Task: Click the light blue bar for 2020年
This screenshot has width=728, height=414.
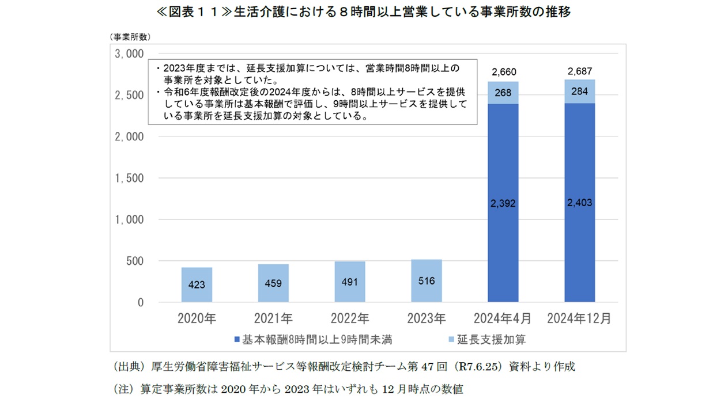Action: [x=197, y=284]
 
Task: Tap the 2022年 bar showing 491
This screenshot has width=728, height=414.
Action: [x=350, y=282]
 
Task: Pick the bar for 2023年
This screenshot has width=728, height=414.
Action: [x=427, y=280]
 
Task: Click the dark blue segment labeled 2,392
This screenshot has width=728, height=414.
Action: [x=503, y=203]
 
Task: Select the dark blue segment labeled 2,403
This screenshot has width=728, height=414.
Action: [x=579, y=203]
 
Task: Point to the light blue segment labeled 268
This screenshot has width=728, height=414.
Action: [x=503, y=93]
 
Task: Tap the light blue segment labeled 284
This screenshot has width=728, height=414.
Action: [x=579, y=92]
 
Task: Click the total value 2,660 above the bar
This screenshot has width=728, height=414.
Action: [x=503, y=72]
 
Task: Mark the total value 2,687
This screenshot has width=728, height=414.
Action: [x=580, y=71]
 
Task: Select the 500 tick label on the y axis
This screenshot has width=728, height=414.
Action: [x=133, y=261]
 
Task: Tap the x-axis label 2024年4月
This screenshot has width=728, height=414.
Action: [x=503, y=318]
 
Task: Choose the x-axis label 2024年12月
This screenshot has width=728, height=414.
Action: [x=579, y=318]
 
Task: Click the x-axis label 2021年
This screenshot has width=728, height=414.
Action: [x=273, y=318]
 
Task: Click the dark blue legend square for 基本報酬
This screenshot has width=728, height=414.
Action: [x=237, y=340]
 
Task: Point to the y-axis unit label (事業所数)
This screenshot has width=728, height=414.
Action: [x=130, y=37]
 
